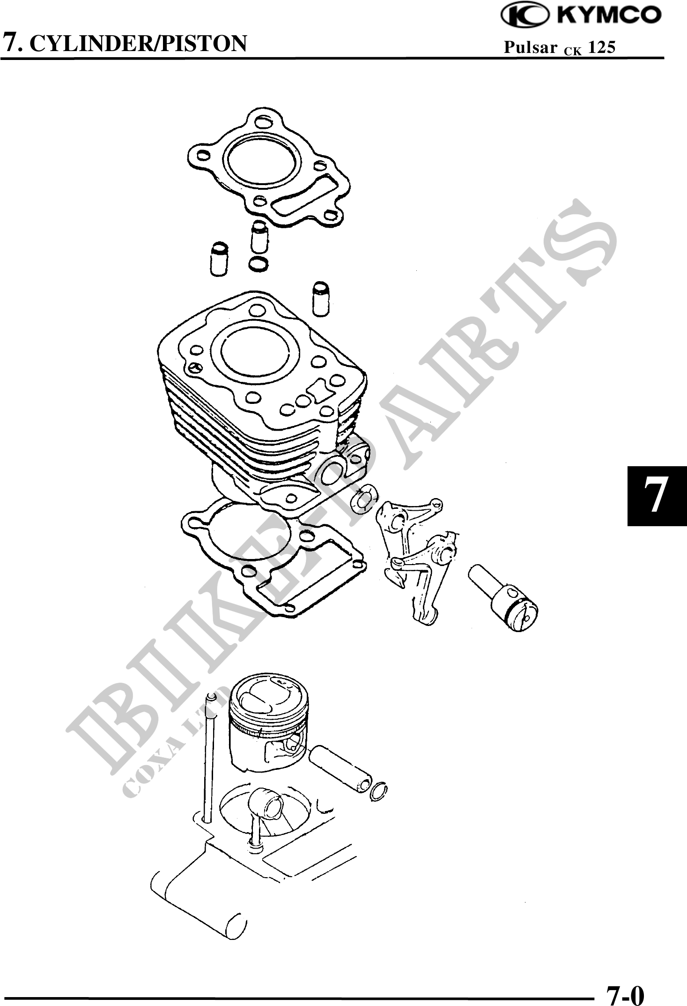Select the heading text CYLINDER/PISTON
tap(141, 44)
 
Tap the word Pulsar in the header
tap(530, 47)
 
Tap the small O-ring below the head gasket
tap(259, 264)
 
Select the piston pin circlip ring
tap(379, 792)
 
